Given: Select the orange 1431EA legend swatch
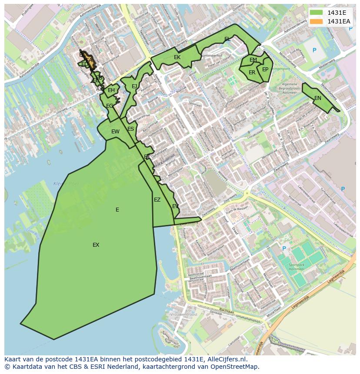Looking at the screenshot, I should (317, 21).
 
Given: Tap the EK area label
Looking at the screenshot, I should (177, 57).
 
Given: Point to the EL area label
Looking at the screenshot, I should (227, 39).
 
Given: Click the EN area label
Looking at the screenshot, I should (317, 98).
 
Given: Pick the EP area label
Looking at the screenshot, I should (265, 70).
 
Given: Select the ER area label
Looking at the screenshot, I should (252, 73).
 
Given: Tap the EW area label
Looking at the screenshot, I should (115, 132).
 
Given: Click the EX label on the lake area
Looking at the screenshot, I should (96, 245).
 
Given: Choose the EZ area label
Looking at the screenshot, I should (157, 200).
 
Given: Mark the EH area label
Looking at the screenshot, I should (111, 90).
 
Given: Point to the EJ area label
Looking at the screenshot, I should (134, 86).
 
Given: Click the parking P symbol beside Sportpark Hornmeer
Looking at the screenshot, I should (284, 248).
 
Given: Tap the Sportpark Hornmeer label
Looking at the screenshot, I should (297, 266).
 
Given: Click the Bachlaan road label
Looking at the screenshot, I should (226, 311).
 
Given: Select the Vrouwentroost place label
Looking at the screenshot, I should (184, 314).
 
